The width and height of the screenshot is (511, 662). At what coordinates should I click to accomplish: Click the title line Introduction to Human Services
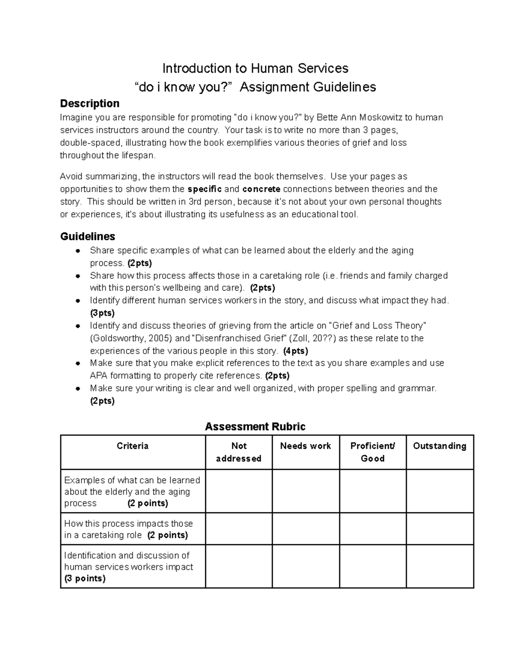coord(255,68)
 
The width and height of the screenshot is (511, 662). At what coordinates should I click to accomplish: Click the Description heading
coord(89,104)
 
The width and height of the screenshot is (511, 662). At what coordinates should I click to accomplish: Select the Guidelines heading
coord(88,236)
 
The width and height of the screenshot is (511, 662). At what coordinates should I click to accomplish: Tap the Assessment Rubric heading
coord(255,427)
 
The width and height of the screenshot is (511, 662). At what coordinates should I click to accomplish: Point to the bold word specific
coord(204,189)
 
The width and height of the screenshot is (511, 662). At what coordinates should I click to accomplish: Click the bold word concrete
coord(261,189)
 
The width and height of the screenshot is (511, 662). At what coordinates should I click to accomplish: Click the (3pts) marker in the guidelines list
coord(102,313)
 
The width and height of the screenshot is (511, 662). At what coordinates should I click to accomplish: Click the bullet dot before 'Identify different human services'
coord(78,301)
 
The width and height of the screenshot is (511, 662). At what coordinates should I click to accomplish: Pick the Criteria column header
coord(132,446)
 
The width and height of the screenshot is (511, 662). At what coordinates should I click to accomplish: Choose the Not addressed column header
coord(238,452)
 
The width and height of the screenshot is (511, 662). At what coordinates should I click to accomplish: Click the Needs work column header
coord(305,446)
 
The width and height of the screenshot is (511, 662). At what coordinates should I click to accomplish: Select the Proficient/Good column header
coord(373,452)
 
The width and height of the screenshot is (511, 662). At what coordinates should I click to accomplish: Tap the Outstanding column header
coord(439,446)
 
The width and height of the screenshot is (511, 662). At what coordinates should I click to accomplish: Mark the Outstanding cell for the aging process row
coord(440,491)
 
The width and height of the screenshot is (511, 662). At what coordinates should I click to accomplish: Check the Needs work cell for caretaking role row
coord(306,529)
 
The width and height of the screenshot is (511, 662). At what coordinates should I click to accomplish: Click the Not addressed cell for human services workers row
coord(238,567)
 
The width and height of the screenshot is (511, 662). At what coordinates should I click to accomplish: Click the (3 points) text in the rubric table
coord(85,578)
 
